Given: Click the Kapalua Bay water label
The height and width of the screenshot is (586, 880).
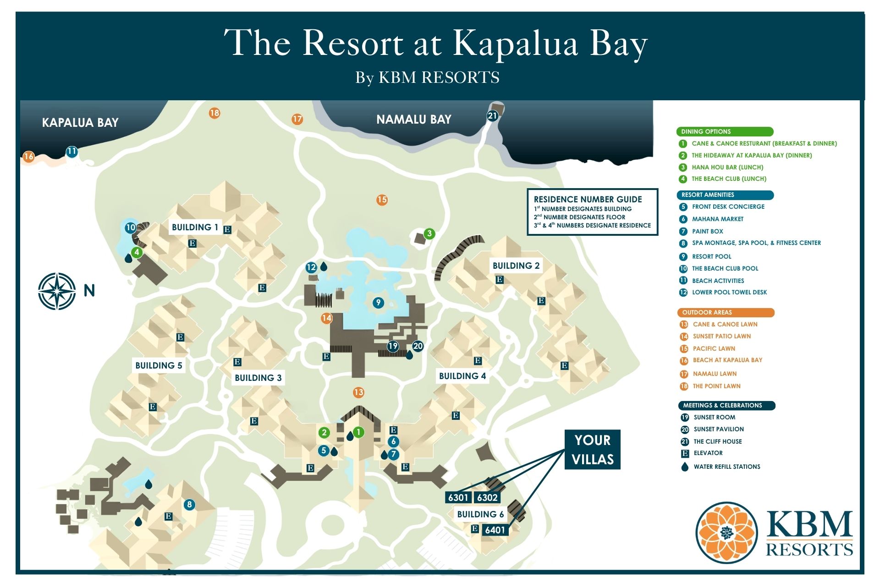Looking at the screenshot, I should point(80,123).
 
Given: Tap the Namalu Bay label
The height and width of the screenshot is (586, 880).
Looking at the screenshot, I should point(413,120).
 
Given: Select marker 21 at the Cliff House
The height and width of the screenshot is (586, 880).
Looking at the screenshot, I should point(492,116).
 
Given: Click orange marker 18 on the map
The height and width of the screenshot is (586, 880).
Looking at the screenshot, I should point(214,113).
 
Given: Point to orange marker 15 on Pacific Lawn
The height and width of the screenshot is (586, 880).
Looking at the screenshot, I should point(382,200).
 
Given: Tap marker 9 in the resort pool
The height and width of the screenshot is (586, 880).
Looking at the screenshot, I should point(378,303).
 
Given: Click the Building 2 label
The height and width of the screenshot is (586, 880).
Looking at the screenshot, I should point(516,266).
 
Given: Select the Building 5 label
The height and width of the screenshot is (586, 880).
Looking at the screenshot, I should point(159,366).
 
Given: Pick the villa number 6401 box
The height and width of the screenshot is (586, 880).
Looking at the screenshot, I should point(495,530).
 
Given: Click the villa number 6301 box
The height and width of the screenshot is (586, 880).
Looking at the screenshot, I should point(458,498).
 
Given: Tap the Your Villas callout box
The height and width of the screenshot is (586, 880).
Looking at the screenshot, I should point(592,450).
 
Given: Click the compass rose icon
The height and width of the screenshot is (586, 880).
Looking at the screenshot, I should point(57,291).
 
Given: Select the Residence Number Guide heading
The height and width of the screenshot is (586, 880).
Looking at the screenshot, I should point(588,200).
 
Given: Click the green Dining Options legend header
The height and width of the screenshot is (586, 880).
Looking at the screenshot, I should point(724,132).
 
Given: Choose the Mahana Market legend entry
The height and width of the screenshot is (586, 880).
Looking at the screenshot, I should point(717,219).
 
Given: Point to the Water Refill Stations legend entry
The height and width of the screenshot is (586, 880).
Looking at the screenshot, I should point(726,467).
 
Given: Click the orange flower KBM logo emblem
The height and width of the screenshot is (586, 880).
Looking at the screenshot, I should point(726,532).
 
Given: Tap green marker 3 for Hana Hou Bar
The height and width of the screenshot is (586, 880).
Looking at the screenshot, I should point(429,234).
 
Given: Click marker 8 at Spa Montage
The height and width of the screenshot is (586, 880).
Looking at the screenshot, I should point(189,505).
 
